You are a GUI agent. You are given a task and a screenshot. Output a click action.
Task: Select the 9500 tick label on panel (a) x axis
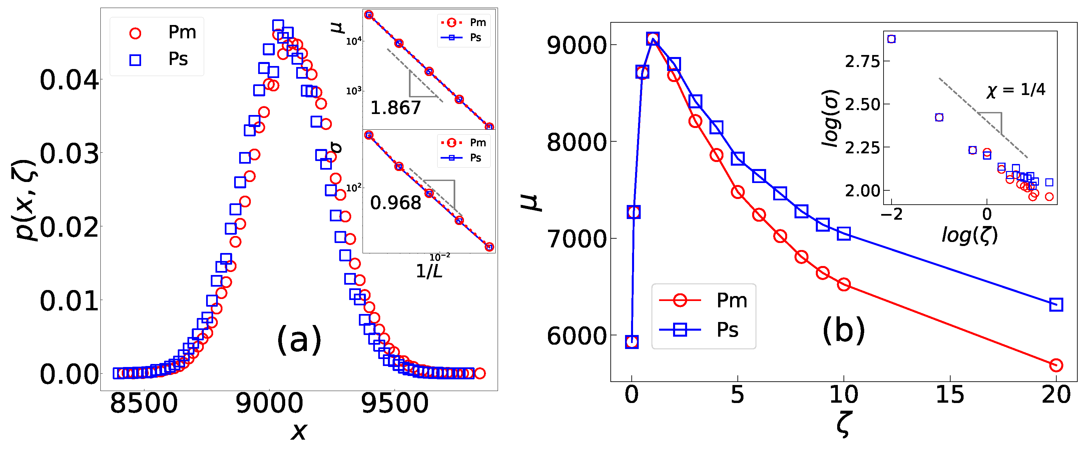(395, 403)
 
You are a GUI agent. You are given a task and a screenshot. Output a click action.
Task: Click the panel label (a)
(299, 339)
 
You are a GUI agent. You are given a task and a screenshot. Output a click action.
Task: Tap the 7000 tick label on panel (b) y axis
(577, 239)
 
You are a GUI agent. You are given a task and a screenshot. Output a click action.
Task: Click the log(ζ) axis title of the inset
(969, 235)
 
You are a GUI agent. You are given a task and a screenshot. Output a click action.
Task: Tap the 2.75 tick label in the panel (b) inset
(862, 62)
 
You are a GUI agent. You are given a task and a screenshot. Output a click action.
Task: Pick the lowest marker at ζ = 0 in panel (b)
(632, 342)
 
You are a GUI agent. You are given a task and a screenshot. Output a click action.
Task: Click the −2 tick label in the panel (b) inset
(891, 214)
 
